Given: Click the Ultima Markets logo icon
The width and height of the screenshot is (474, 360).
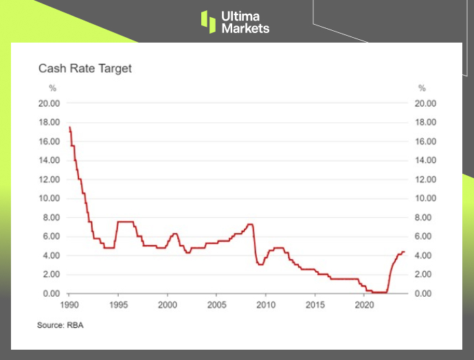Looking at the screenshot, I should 208,21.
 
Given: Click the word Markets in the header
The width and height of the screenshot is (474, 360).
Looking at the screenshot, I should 245,28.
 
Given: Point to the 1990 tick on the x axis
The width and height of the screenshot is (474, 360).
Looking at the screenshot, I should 69,303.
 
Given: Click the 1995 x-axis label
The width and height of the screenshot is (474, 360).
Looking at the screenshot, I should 118,303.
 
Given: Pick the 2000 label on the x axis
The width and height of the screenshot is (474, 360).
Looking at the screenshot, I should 168,303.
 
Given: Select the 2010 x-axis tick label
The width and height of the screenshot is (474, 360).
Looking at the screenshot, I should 266,303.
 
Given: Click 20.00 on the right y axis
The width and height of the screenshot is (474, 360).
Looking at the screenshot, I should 427,104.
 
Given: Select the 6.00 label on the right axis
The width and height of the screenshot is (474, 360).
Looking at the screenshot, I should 425,236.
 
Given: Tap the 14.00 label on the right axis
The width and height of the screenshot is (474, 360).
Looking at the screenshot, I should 427,161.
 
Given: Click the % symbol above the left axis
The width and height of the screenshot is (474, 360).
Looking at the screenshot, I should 52,88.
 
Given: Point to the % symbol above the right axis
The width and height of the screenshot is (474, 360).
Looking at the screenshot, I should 422,88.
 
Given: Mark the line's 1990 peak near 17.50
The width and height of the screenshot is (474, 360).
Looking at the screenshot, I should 70,128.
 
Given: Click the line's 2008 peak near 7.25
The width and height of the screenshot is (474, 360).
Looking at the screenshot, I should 250,225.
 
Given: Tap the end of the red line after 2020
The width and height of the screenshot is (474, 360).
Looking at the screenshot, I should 405,252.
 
